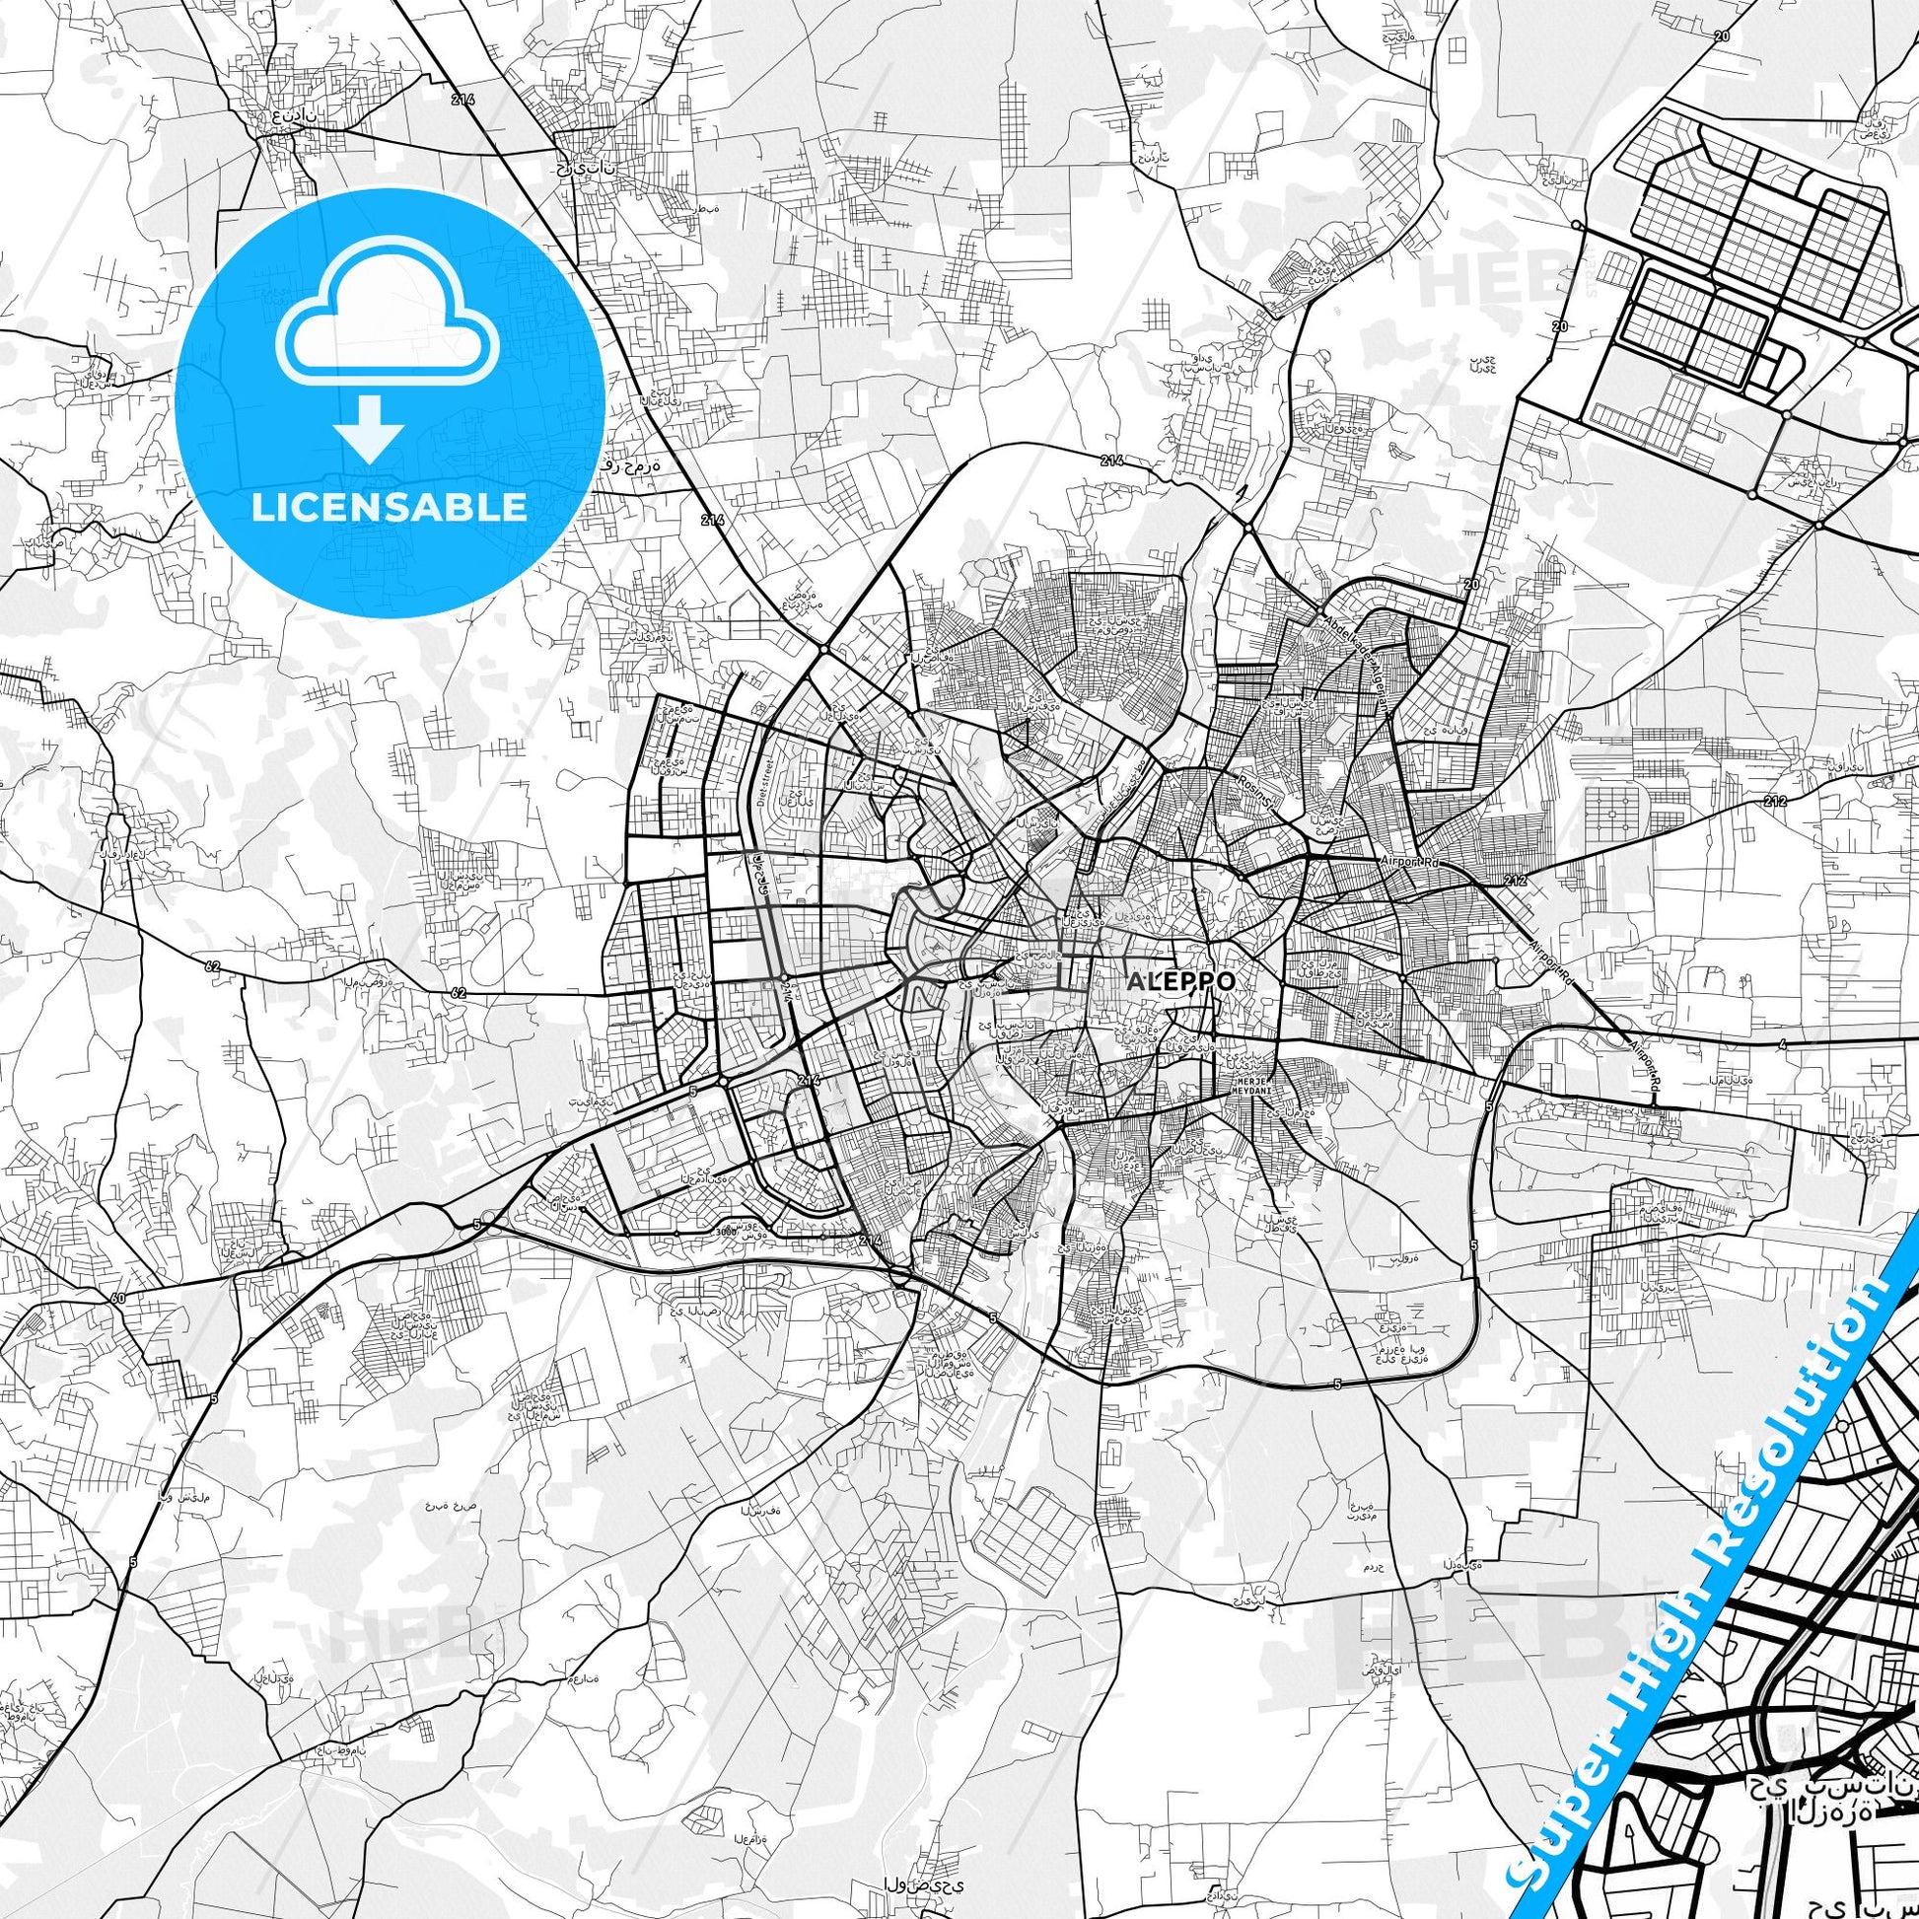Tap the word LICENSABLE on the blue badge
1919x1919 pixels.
coord(390,508)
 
